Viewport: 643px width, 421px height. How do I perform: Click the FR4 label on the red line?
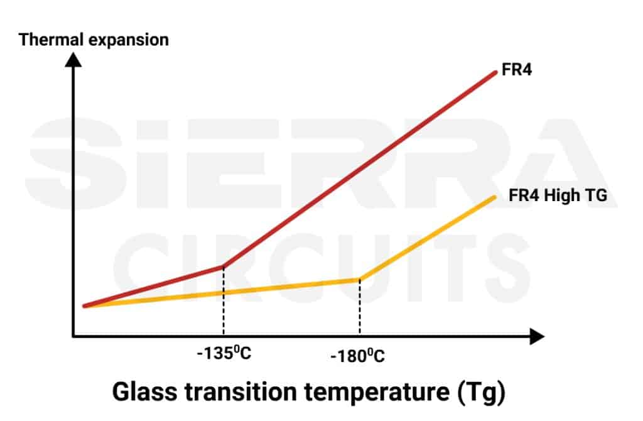517,70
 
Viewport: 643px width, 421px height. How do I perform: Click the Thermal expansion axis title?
94,40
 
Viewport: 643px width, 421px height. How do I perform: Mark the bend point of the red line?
223,266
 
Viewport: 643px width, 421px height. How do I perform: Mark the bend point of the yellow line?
359,280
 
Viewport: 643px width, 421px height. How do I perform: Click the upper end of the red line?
495,73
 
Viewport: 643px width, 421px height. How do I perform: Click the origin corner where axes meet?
73,337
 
